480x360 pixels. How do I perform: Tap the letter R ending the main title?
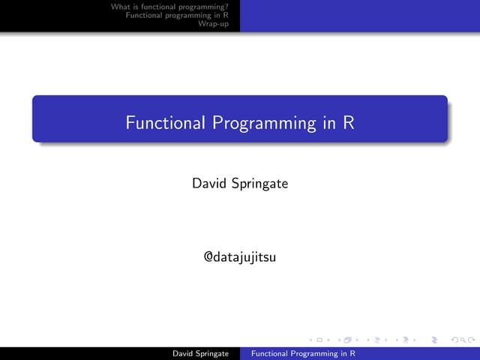point(349,122)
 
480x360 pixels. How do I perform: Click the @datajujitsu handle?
point(240,258)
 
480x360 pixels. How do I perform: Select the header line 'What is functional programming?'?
point(169,7)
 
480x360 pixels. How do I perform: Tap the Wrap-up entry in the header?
point(214,23)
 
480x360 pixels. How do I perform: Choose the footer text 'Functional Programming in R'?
point(302,352)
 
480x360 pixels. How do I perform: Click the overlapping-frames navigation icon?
point(347,340)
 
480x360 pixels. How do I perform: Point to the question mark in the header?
point(226,7)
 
